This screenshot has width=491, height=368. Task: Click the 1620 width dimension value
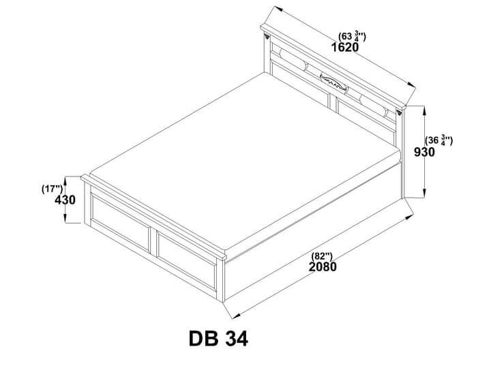(345, 47)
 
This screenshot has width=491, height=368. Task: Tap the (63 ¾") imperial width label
(352, 36)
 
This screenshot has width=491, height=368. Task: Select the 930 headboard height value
(424, 152)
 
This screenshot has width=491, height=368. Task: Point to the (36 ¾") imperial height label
(438, 140)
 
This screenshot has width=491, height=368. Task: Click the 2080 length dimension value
(323, 267)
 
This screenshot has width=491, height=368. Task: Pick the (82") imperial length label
(322, 256)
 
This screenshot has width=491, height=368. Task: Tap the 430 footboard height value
(65, 200)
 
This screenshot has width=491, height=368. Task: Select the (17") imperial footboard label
(52, 189)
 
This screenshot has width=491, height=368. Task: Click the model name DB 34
(218, 339)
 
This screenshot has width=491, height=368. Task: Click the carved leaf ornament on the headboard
(333, 82)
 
